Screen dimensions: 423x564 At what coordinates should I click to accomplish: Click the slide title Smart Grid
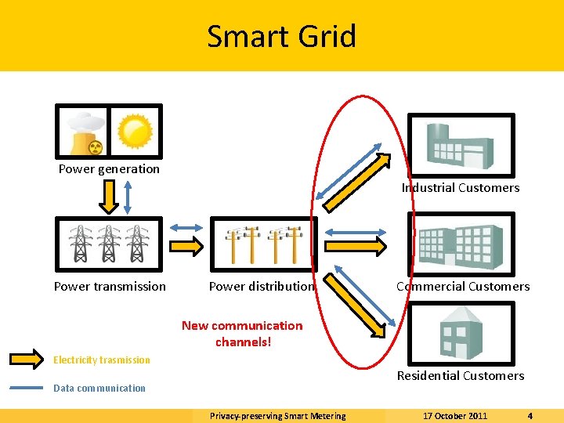click(x=281, y=36)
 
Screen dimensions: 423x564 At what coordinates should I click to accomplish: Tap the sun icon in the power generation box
click(x=135, y=131)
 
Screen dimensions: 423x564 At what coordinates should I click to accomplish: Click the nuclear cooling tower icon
click(x=85, y=133)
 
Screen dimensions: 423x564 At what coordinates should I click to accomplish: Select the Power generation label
click(x=109, y=169)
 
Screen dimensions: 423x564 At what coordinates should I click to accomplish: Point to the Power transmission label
click(x=110, y=287)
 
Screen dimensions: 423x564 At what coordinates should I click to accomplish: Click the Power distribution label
click(x=261, y=287)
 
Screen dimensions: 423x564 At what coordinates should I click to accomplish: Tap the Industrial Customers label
click(x=461, y=188)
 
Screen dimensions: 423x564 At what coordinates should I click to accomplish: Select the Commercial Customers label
click(x=463, y=287)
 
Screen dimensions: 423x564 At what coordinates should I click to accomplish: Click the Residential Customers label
click(x=461, y=376)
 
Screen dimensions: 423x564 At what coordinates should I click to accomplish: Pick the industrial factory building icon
click(x=460, y=143)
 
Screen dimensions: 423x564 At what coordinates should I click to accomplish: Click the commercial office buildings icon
click(x=461, y=243)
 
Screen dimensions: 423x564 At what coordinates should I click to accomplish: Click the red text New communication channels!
click(x=242, y=334)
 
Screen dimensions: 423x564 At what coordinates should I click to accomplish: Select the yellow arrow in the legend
click(x=27, y=360)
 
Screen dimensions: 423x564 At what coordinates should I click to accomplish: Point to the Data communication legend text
click(x=99, y=388)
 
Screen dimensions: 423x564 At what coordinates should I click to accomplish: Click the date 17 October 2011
click(x=455, y=416)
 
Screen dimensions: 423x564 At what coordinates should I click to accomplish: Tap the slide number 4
click(x=530, y=416)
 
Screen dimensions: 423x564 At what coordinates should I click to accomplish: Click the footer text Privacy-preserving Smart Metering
click(x=277, y=416)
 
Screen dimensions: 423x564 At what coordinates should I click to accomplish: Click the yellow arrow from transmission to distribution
click(x=186, y=246)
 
